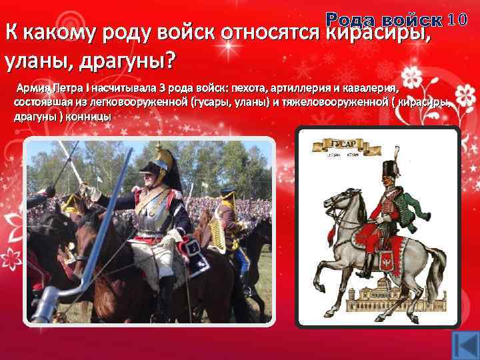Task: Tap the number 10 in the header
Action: coord(461,20)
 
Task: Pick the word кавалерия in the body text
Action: coord(371,88)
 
